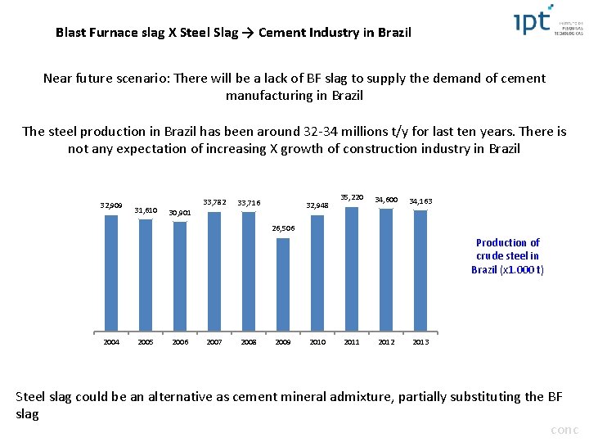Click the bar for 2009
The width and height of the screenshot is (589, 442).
pyautogui.click(x=283, y=284)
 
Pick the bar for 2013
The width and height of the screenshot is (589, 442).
pyautogui.click(x=420, y=271)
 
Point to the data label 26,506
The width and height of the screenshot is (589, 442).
pyautogui.click(x=283, y=228)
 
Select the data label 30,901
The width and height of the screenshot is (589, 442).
pyautogui.click(x=179, y=213)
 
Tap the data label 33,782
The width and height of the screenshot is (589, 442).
pyautogui.click(x=214, y=202)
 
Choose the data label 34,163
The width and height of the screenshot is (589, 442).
pyautogui.click(x=420, y=201)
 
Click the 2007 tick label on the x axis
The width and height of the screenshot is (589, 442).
pyautogui.click(x=214, y=341)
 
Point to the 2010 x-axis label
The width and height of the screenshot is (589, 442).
pyautogui.click(x=317, y=341)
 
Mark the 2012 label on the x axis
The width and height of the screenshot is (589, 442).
pyautogui.click(x=386, y=341)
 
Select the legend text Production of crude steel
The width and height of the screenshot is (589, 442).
pyautogui.click(x=507, y=255)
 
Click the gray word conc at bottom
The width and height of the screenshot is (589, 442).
pyautogui.click(x=564, y=430)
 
